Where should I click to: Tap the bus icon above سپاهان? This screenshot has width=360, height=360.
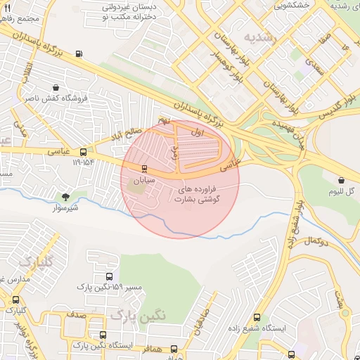144,169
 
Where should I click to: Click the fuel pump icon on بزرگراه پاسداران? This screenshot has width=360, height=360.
78,53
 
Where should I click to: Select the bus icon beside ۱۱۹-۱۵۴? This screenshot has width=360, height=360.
84,152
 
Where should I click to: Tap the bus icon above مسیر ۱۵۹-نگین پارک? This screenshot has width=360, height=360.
108,277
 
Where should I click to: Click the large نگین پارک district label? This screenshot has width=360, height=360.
139,314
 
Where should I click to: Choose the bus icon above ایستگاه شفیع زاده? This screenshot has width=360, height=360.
256,318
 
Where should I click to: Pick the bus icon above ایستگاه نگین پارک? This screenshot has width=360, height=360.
103,335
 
